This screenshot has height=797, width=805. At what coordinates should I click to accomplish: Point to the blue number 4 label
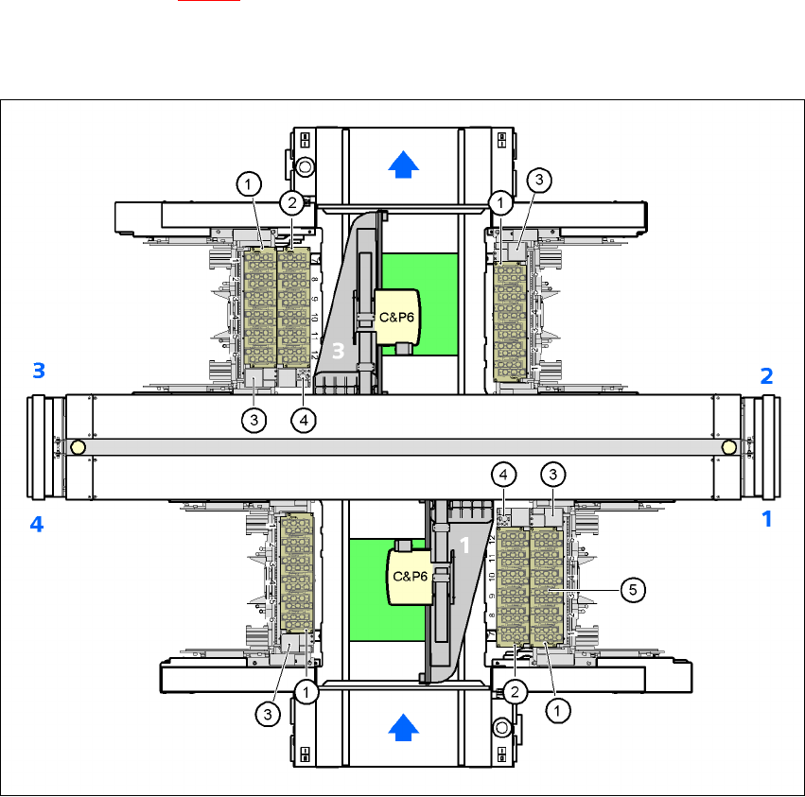(x=37, y=523)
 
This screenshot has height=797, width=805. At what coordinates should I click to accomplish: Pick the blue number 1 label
(x=767, y=518)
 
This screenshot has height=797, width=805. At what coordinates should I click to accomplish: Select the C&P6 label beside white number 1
(x=409, y=575)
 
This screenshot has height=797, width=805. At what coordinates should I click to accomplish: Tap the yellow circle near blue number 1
(x=728, y=446)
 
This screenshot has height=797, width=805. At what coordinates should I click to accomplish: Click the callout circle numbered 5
(x=634, y=589)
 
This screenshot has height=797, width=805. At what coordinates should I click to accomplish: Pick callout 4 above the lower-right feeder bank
(x=504, y=473)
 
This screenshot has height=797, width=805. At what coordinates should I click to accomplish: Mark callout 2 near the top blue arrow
(x=292, y=201)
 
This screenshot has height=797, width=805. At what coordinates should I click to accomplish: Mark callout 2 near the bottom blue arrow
(x=515, y=691)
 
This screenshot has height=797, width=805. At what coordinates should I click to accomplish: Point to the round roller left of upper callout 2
(x=305, y=168)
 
